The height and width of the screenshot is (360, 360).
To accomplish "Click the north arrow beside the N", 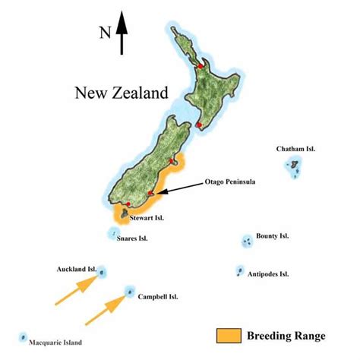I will (x=122, y=34).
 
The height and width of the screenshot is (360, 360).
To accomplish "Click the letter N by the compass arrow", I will (x=105, y=33).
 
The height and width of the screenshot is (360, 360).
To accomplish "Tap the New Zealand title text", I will (x=121, y=93).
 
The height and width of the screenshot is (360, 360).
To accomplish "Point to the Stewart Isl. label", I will (x=147, y=218).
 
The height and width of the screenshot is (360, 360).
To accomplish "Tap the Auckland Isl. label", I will (x=76, y=269).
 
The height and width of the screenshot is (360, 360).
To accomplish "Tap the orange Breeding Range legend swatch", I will (x=229, y=335).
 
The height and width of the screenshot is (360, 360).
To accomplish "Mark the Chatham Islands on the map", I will (x=294, y=169).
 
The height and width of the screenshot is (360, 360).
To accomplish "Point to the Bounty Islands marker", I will (x=247, y=242).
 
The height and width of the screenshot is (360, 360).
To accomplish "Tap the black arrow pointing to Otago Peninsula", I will (x=178, y=188).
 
